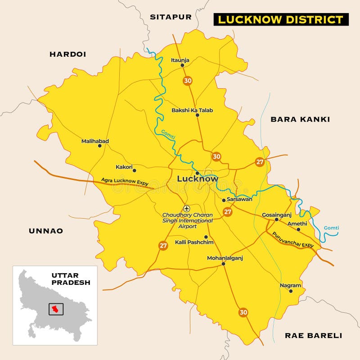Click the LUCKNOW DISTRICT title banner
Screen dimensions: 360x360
coord(281,19)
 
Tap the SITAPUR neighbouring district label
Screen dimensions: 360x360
coord(171,17)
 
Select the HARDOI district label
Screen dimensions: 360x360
coord(67,54)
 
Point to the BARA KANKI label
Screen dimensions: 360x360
coord(300,119)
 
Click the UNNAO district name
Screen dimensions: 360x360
coord(46,231)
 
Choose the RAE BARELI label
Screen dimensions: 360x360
coord(313,335)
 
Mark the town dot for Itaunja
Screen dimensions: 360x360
coord(182,65)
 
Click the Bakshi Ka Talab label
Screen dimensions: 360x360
coord(192,110)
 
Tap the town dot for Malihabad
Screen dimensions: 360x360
coord(100,146)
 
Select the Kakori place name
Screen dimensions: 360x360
coord(124,167)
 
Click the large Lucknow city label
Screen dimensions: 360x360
coord(198,179)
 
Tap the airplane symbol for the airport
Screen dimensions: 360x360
coord(187,208)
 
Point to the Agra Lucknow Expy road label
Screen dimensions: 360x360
coord(125,182)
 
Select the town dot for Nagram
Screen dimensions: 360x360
coord(291,291)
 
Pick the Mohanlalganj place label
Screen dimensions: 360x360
coord(225,258)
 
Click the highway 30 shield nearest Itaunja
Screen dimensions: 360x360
coord(188,81)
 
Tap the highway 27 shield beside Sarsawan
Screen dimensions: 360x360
coord(228,211)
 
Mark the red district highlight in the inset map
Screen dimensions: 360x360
coord(55,309)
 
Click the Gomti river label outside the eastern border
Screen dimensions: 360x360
coord(331,228)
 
